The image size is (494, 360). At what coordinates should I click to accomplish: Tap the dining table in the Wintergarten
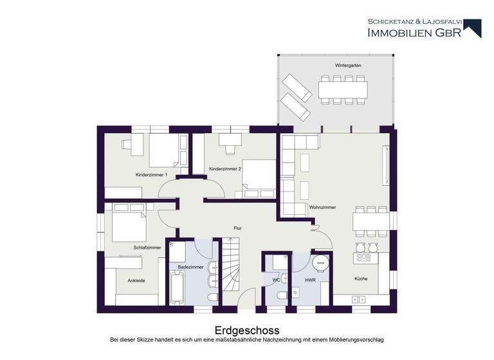pos(343,89)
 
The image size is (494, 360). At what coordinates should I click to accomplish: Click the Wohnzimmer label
pos(322,208)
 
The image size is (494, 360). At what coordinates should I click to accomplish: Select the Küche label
pos(360,278)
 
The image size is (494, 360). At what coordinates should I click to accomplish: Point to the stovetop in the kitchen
pos(364,258)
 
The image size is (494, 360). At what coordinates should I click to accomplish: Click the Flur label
pos(237,228)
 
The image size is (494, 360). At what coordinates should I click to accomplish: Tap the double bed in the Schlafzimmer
pos(129,223)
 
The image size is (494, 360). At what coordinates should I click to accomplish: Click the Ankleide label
pos(136,280)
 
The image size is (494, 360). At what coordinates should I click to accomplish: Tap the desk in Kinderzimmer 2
pos(228,139)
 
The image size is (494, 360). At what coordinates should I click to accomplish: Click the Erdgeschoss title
pos(246,329)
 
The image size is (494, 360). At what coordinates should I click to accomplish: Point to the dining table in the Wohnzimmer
pos(369,221)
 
